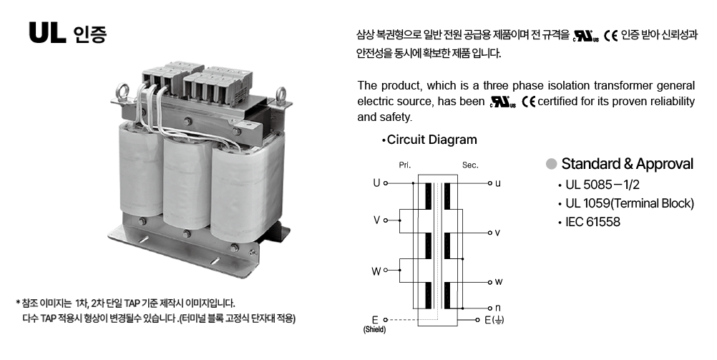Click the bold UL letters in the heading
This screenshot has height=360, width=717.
click(47, 33)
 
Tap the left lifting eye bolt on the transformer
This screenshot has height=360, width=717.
click(122, 91)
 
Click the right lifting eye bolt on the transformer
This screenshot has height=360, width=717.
click(281, 95)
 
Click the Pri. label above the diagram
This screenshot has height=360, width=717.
click(405, 165)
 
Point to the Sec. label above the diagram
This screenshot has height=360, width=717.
click(470, 165)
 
